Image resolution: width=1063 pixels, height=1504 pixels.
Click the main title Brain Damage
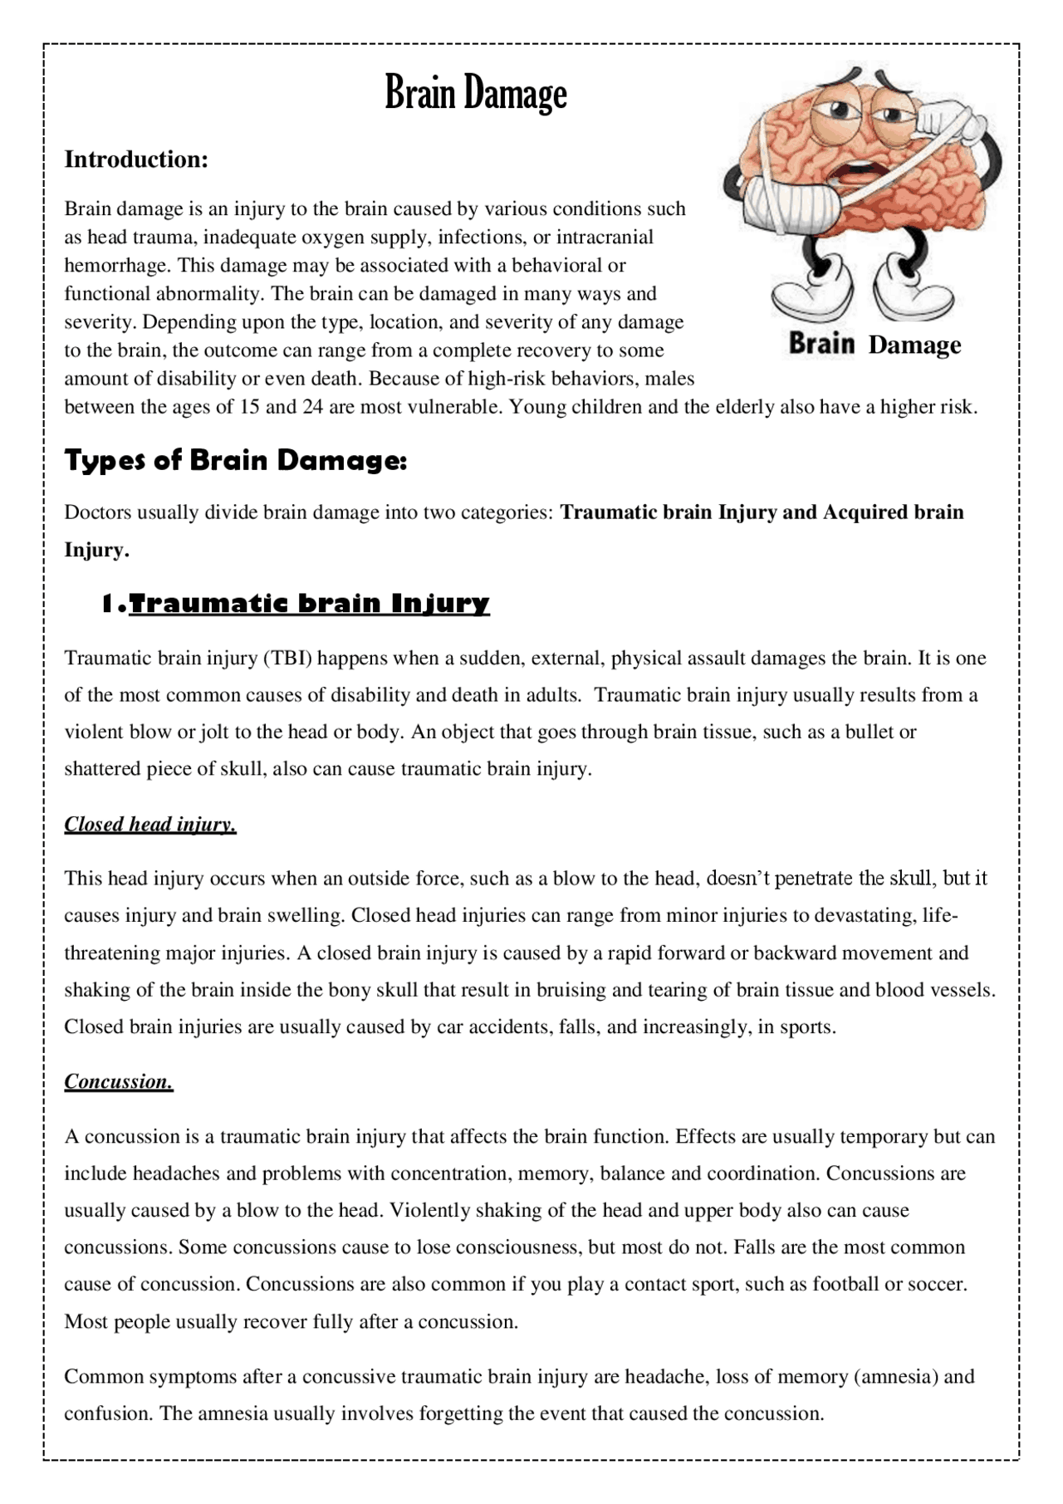click(476, 93)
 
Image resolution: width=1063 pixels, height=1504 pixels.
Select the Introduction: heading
click(136, 159)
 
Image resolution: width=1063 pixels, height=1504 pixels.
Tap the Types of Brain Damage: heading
click(236, 460)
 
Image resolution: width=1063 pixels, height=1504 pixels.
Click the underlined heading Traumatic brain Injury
click(309, 603)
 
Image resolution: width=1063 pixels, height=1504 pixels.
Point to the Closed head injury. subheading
click(150, 824)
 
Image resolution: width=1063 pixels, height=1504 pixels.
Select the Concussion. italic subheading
click(119, 1081)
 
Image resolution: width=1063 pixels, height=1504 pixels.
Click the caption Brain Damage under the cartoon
click(874, 344)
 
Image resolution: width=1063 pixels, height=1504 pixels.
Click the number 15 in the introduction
click(250, 407)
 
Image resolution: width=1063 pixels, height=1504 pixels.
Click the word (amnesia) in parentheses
click(896, 1377)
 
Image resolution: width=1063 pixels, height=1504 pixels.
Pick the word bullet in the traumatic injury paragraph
click(870, 732)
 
